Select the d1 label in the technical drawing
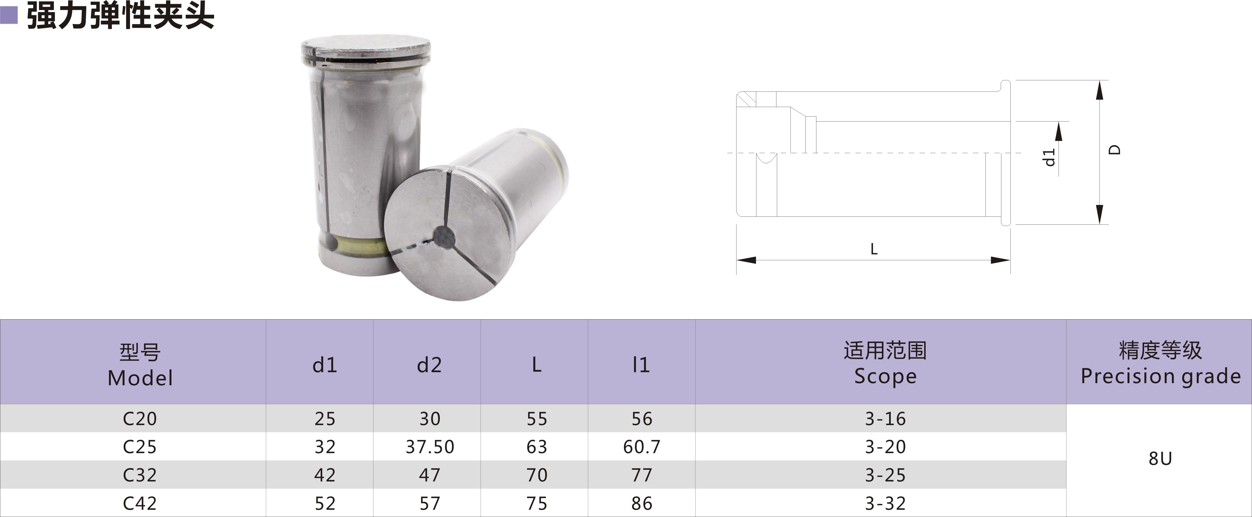(x=1050, y=157)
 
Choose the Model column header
(x=140, y=365)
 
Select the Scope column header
(x=885, y=363)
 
